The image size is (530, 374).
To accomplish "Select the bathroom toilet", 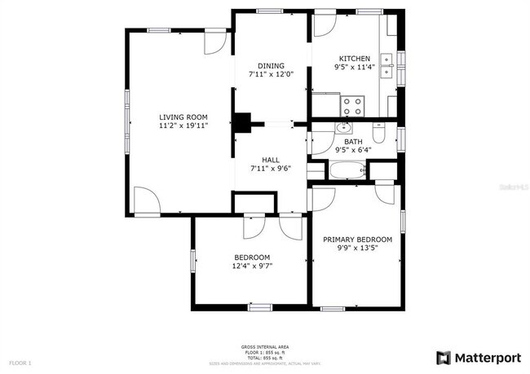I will pos(379,132).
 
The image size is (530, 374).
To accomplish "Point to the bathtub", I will pos(347,171).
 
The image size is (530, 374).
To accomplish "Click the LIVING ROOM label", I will pos(183,117).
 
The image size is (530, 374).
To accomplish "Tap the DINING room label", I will pos(271,65).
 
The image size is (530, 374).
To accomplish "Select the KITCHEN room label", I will pos(354,59).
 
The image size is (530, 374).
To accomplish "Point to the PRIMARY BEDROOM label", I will pos(357,240).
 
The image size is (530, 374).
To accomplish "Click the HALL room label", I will pos(271,160).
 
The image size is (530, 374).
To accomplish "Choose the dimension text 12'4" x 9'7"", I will pos(252,266).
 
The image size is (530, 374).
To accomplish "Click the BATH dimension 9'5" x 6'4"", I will pos(352,150).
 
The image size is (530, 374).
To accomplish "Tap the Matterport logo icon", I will pos(443,357).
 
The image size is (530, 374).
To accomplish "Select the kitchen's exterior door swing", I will pos(324,24).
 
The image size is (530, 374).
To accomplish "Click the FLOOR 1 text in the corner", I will pos(20,361).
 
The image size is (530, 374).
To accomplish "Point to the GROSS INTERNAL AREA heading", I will pos(264,346).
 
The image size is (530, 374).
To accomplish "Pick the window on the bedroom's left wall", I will pos(192,260).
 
